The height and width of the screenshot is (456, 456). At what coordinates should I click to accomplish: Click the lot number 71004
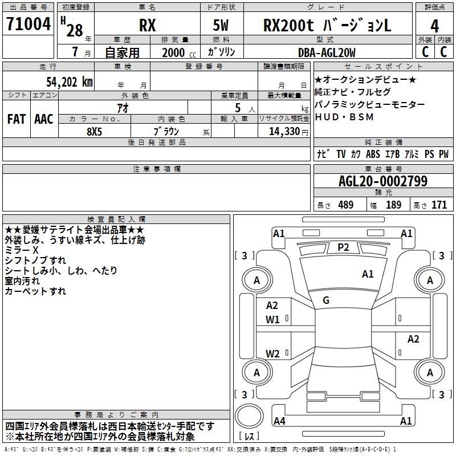(28, 23)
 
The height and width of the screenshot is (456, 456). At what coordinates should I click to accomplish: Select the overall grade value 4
(434, 26)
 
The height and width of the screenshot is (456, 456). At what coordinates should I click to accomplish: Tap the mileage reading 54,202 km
(70, 82)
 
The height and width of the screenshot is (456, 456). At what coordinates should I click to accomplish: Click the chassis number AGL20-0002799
(383, 181)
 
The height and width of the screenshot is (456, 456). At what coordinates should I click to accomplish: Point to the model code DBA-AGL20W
(327, 52)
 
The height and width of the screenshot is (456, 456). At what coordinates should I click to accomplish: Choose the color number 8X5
(95, 132)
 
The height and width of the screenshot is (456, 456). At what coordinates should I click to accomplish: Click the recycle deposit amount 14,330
(284, 131)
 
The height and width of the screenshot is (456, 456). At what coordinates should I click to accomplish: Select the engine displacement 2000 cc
(179, 52)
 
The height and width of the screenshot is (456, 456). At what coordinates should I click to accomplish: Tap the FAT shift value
(17, 119)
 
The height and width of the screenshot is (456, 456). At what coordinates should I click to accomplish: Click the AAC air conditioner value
(44, 119)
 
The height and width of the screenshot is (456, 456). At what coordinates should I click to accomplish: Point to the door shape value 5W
(221, 25)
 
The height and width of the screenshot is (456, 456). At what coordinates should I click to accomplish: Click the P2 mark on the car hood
(343, 247)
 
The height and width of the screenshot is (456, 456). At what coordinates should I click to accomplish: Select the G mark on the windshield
(326, 300)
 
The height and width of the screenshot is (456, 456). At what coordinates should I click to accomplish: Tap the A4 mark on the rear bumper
(280, 421)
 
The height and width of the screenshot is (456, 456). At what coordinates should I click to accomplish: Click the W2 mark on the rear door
(272, 353)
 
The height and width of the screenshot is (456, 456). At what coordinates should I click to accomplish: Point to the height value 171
(439, 205)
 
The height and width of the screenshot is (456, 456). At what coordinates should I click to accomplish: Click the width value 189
(394, 205)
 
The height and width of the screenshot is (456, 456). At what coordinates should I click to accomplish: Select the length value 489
(346, 205)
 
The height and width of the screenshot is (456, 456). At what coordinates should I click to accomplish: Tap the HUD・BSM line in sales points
(344, 117)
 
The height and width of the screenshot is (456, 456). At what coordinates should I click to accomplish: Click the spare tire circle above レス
(249, 416)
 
